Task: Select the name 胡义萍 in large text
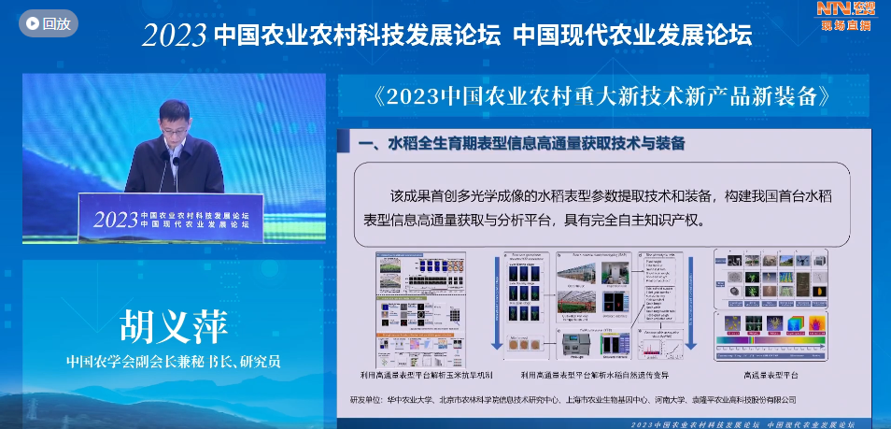pyautogui.click(x=173, y=327)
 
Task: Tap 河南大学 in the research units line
pyautogui.click(x=700, y=400)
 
